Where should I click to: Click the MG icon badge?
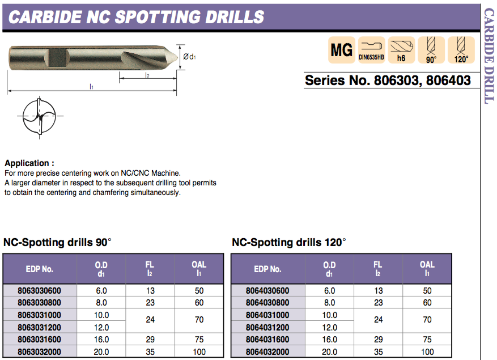[342, 50]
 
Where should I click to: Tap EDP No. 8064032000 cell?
[267, 352]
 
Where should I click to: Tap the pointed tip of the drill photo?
[173, 57]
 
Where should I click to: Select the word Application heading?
[29, 163]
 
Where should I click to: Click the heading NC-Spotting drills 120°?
[288, 243]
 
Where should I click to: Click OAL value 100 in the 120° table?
[427, 352]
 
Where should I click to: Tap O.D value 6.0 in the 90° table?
[101, 291]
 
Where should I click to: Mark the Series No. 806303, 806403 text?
[388, 80]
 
